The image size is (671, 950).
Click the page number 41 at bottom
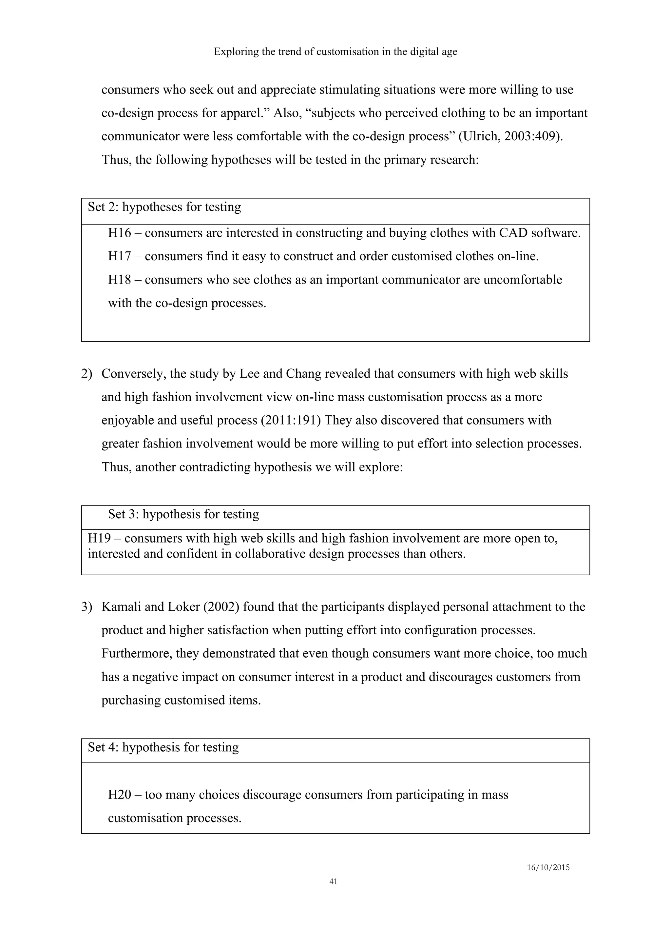click(333, 881)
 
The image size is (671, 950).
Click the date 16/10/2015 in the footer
click(548, 868)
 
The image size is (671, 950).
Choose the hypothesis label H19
click(99, 538)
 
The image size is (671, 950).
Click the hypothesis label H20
click(120, 794)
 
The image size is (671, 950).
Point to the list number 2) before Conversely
click(87, 374)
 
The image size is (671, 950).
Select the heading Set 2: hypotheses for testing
click(164, 207)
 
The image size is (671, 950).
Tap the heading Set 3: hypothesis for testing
click(183, 514)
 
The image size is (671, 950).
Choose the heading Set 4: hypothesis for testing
click(163, 747)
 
